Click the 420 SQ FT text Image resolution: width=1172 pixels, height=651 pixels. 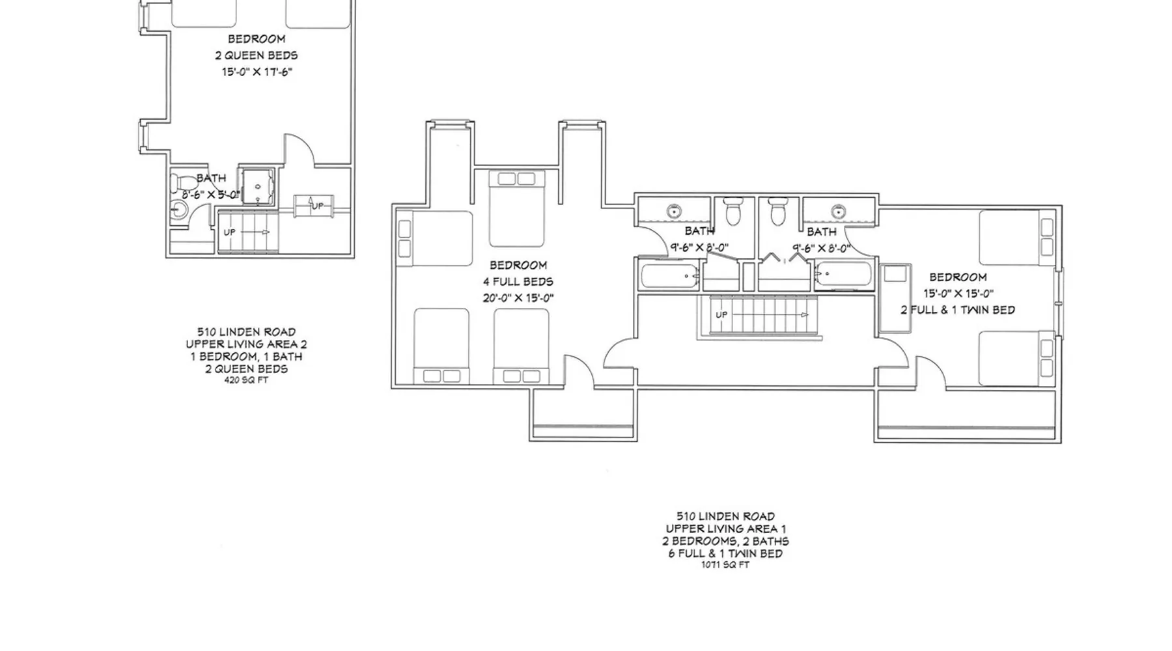246,381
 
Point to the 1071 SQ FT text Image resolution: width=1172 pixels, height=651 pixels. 725,565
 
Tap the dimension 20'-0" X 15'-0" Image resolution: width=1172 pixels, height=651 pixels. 518,298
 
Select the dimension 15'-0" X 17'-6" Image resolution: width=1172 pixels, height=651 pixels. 257,72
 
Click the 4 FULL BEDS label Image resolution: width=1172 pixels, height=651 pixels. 518,282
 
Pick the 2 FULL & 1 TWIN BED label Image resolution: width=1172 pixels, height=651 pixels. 958,310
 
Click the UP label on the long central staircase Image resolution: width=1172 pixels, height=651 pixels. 721,315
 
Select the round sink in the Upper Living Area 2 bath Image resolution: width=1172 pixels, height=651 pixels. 178,210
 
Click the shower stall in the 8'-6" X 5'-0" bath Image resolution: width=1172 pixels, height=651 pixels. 258,187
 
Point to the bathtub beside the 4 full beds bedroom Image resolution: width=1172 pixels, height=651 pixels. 671,276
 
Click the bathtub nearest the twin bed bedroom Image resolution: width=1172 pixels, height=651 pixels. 843,275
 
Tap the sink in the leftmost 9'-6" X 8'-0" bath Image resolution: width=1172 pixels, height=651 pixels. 674,211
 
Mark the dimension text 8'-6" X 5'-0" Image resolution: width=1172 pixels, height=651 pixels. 211,195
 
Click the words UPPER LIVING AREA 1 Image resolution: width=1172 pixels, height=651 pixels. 725,529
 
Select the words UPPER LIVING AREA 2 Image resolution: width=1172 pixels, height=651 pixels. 246,344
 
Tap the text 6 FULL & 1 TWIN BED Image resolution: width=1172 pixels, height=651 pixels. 725,553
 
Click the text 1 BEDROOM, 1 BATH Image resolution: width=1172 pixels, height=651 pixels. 246,357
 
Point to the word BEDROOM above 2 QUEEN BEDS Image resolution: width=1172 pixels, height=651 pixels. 257,39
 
